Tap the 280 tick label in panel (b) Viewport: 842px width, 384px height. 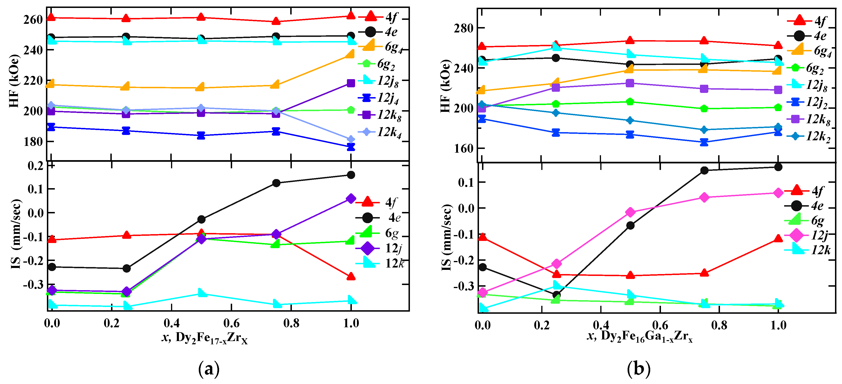point(464,28)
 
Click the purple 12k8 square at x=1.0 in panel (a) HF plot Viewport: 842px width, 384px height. point(351,83)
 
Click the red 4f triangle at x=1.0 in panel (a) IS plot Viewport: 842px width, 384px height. point(351,277)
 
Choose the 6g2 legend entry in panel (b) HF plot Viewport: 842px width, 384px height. point(809,68)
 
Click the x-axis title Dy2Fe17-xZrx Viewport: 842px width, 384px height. point(205,338)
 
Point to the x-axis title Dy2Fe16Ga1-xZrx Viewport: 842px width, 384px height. point(640,337)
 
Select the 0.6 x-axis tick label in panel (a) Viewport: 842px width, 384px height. point(231,324)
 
